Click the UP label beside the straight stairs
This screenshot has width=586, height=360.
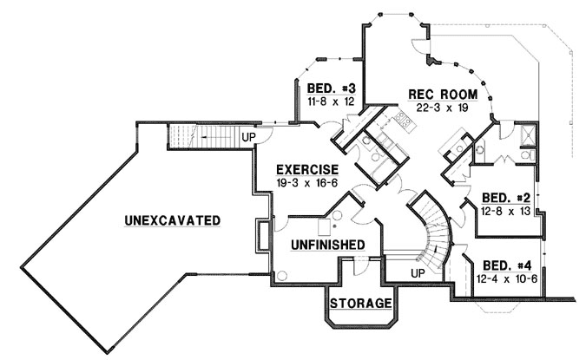247,137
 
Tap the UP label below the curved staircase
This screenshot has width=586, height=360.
417,274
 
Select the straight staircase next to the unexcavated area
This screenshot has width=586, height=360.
201,135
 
